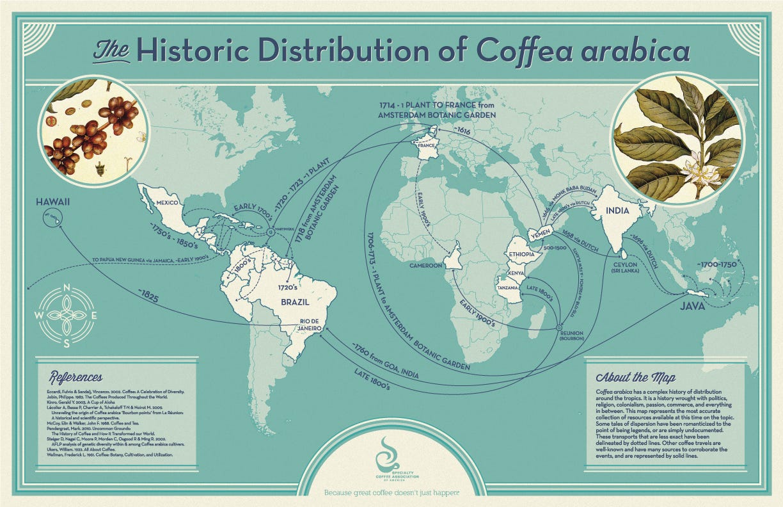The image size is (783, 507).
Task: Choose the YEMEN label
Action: (539, 236)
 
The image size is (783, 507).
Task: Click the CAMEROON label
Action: (426, 265)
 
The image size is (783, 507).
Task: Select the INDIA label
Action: (613, 210)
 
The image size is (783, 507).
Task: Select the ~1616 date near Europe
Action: (465, 130)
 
